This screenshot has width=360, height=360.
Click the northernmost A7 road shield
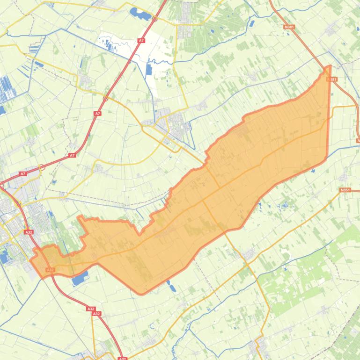point(141,41)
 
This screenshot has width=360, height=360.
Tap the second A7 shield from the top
point(97,114)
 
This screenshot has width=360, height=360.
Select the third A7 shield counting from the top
point(72,155)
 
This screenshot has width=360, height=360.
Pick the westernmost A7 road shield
point(22,174)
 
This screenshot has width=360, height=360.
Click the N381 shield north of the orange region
point(289,27)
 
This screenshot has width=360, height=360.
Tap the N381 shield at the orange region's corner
point(331,79)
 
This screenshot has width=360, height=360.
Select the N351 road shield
point(345,190)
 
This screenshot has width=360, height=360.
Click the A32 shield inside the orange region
point(50,270)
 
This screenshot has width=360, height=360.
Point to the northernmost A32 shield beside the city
point(29,232)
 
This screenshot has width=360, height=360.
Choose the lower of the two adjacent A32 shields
point(97,314)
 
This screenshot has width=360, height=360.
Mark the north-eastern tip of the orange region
point(330,66)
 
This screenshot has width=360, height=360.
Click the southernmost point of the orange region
point(142,294)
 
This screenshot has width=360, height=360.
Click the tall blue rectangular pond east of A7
point(149,69)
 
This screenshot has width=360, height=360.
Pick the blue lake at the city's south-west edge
point(5,256)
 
